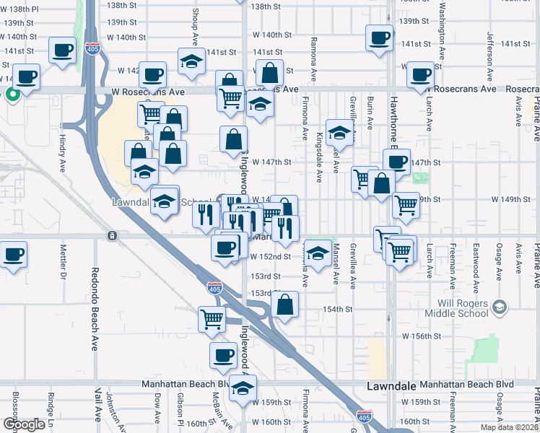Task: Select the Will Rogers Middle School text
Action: [456, 308]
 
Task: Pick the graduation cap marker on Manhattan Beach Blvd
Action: [243, 388]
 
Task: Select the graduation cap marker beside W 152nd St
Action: [316, 253]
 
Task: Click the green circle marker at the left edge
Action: [12, 94]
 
